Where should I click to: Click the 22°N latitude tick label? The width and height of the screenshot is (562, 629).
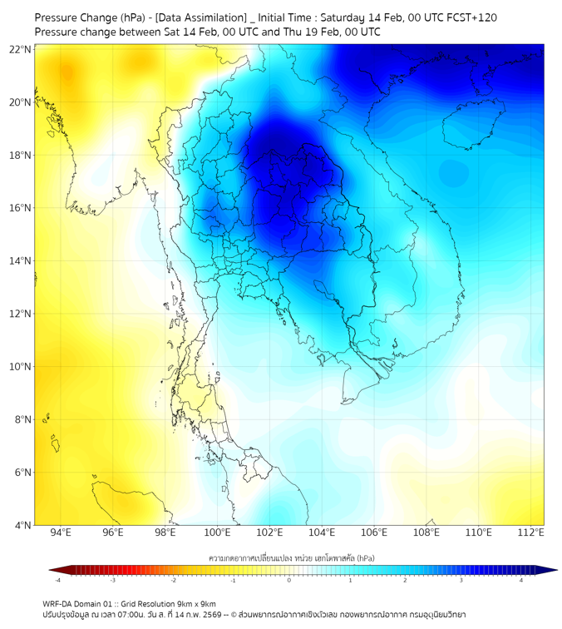21,49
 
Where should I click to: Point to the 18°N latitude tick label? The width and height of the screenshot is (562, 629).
21,155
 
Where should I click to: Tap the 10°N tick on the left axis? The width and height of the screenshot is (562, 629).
21,366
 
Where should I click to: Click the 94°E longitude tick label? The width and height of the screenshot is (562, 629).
61,532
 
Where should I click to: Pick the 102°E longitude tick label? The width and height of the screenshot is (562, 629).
269,532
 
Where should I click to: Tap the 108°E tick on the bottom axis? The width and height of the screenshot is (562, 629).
426,532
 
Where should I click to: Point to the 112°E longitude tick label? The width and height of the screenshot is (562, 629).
530,532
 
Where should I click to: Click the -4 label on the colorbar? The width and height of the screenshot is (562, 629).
57,580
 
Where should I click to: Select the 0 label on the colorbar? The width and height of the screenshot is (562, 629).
289,580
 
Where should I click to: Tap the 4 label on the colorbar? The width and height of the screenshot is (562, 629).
522,580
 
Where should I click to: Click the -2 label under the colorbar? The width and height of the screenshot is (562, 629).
173,580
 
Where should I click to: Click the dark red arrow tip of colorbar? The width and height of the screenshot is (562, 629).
52,570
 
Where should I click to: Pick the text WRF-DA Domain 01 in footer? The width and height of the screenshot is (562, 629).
77,603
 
